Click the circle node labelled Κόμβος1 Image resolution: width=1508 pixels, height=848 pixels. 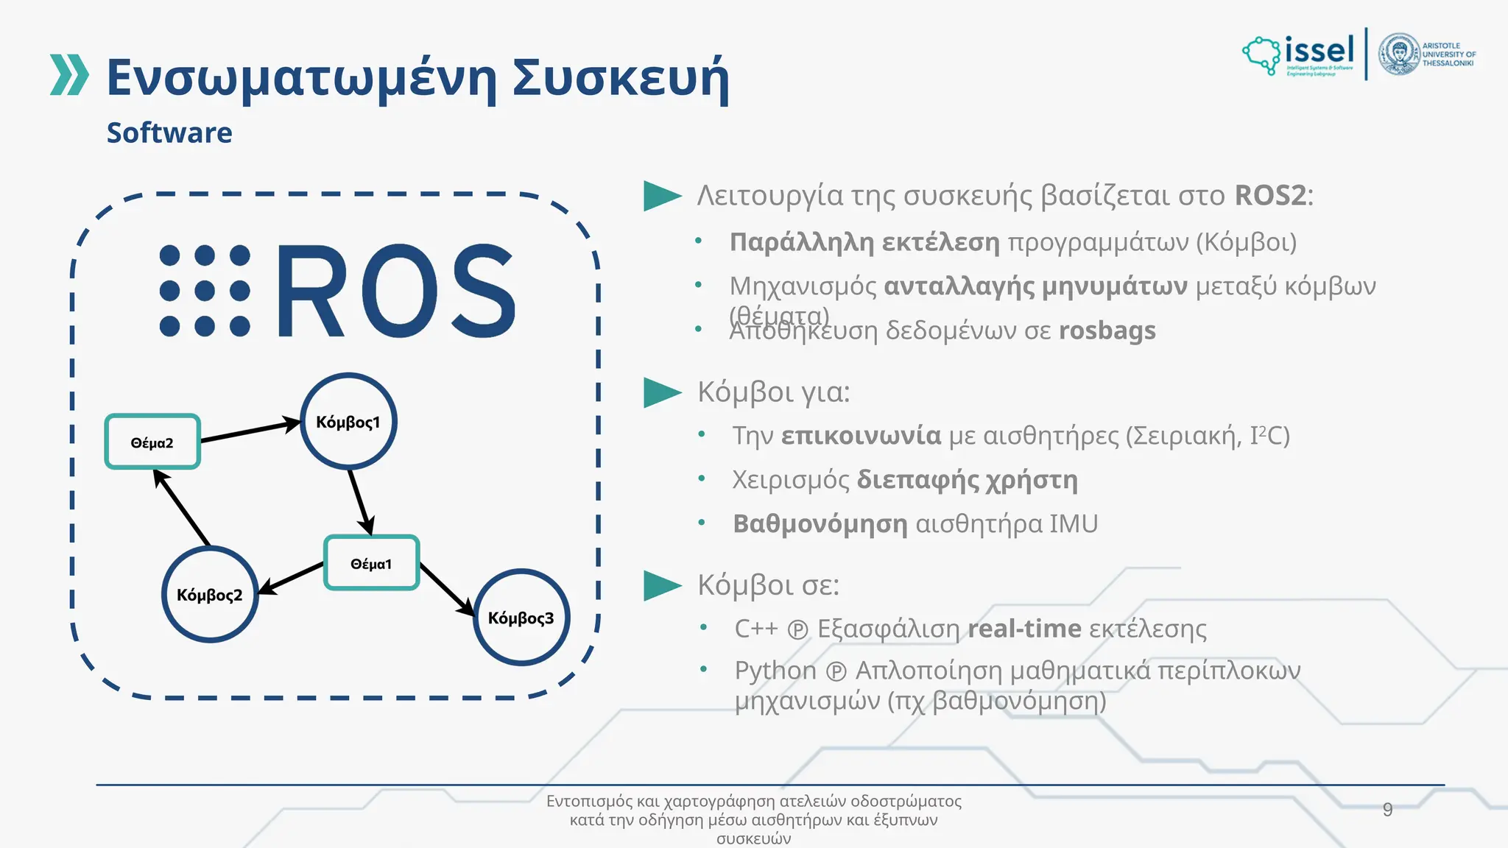tap(348, 421)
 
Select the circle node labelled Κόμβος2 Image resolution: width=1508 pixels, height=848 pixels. tap(210, 594)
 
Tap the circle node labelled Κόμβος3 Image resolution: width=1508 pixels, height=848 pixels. tap(521, 617)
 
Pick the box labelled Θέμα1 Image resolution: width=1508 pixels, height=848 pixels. tap(372, 563)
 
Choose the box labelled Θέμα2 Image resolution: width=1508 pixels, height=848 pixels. tap(152, 442)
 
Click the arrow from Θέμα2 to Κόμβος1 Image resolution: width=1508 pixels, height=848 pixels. tap(250, 431)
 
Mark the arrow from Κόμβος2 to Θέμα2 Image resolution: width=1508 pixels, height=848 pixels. tap(182, 508)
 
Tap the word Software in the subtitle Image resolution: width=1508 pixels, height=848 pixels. tap(169, 133)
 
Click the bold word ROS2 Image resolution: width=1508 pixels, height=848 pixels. tap(1270, 196)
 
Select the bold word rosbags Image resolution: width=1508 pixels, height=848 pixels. tap(1107, 331)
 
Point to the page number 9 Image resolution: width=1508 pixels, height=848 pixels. tap(1387, 810)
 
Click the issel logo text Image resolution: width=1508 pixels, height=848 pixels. tap(1319, 51)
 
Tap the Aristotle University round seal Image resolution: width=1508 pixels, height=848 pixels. tap(1399, 54)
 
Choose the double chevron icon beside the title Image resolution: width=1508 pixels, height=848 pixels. tap(69, 75)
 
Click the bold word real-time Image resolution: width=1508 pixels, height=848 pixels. tap(1024, 629)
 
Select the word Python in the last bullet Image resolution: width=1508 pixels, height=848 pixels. tap(775, 671)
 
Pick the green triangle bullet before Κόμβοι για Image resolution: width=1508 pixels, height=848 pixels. tap(662, 392)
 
